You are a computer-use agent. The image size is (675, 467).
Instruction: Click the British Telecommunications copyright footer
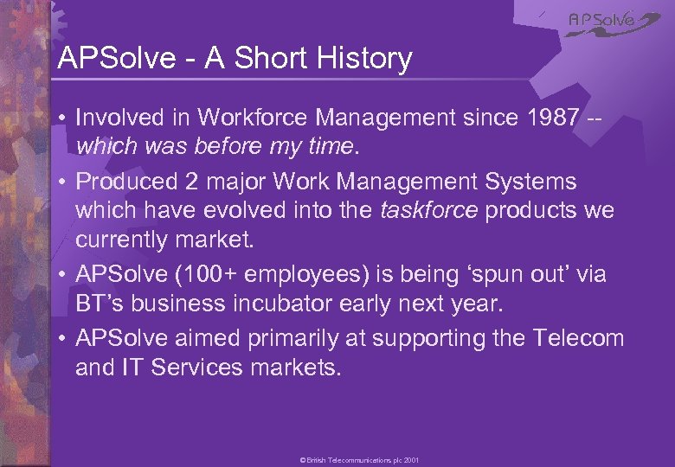tap(359, 461)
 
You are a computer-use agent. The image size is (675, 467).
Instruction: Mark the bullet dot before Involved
tap(62, 117)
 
